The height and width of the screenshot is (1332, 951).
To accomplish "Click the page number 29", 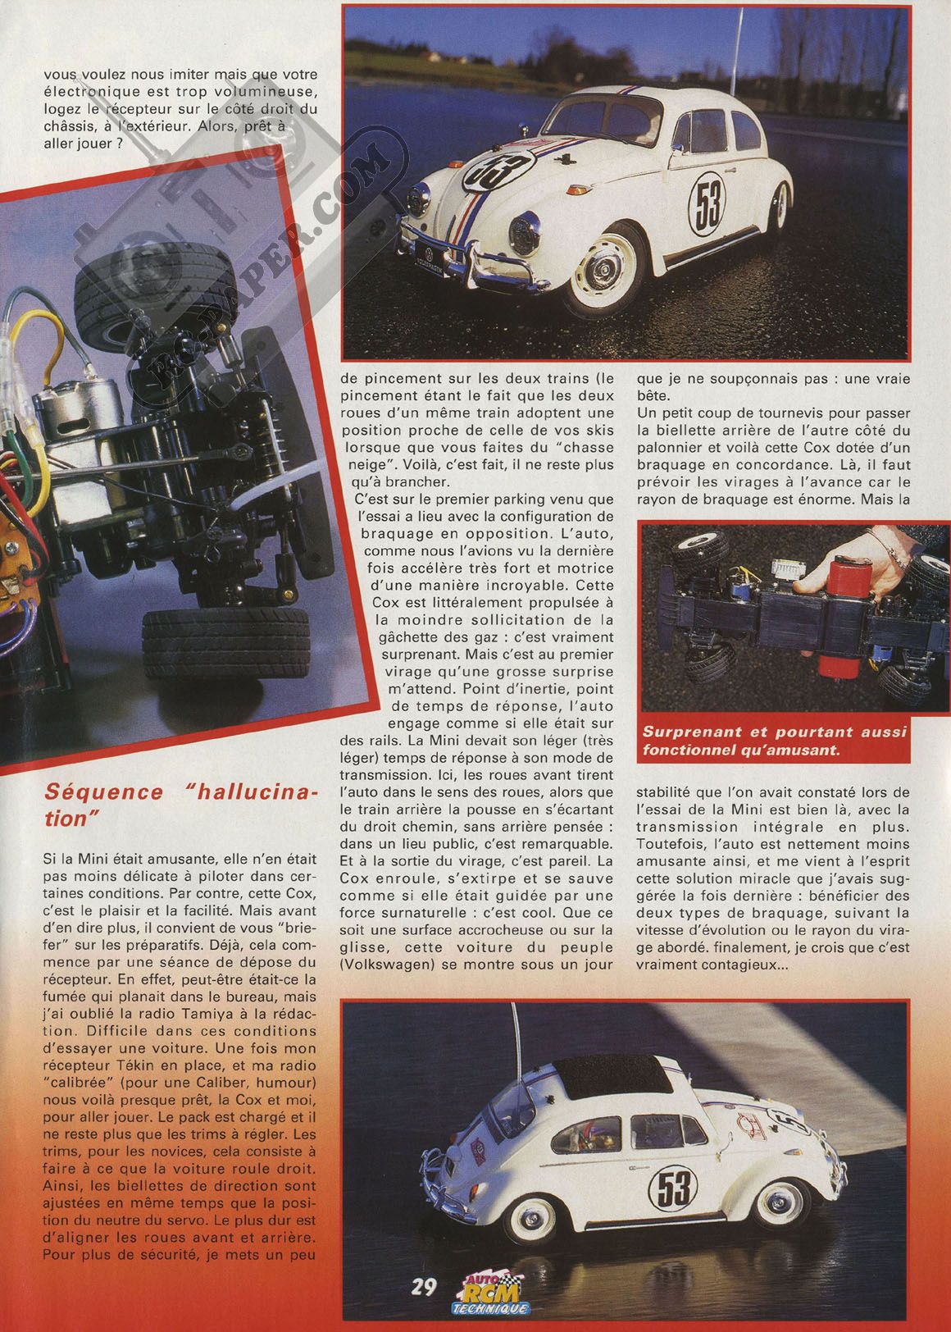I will click(425, 1284).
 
